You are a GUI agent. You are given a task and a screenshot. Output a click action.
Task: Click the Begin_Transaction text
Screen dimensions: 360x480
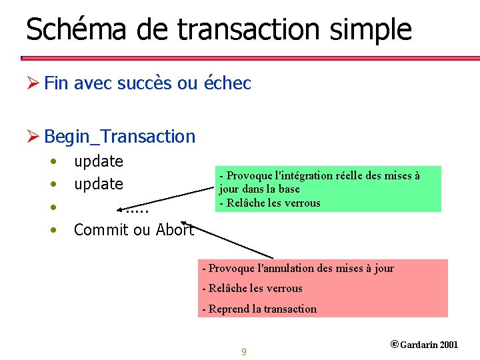120,137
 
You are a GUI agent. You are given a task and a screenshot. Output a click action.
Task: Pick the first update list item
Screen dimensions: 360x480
99,161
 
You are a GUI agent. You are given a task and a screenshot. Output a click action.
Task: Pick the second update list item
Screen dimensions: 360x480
99,184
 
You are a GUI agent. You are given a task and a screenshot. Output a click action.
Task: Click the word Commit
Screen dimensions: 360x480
98,230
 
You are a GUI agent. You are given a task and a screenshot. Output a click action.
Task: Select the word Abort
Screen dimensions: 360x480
175,230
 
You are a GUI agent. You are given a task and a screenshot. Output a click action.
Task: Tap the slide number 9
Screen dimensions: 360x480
244,351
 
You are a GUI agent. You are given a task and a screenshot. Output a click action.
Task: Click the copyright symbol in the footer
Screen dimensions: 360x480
394,345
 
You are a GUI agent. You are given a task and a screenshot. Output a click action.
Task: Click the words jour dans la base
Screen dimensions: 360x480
259,189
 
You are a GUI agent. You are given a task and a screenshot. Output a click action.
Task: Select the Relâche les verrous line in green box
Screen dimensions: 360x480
270,203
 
